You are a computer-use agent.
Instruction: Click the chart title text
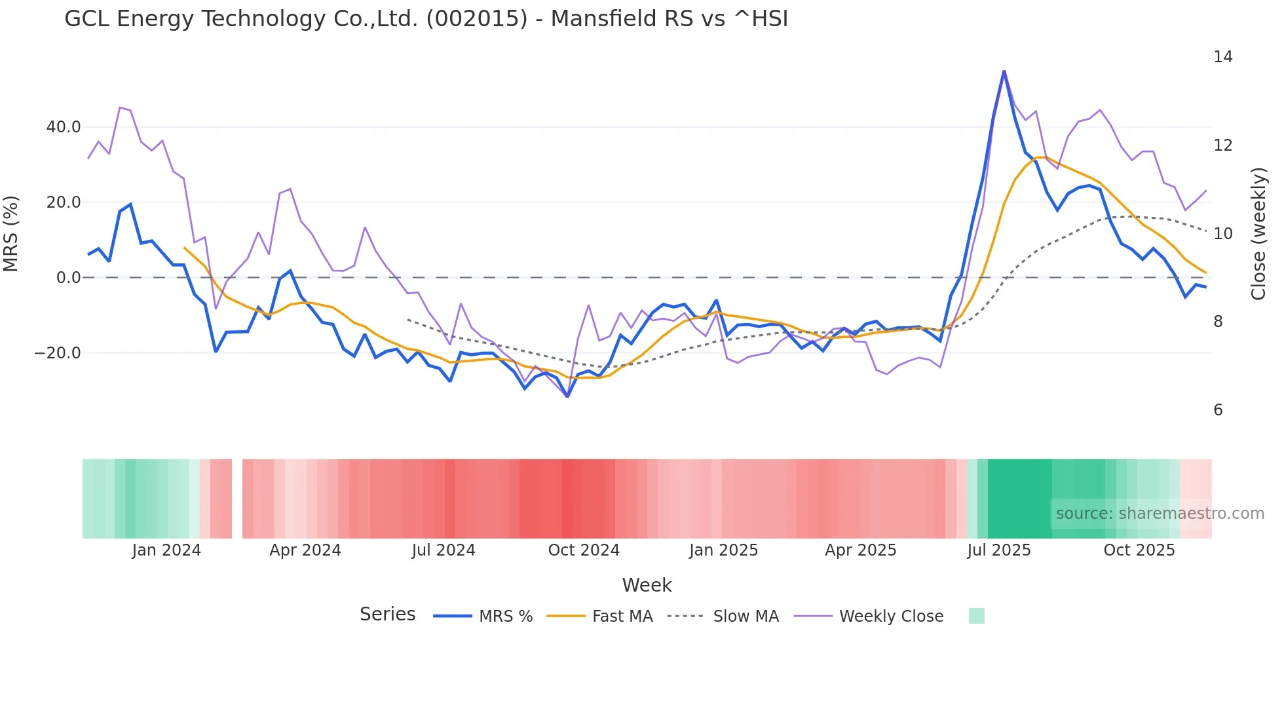(x=426, y=19)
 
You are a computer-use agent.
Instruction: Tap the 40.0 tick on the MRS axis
(x=64, y=127)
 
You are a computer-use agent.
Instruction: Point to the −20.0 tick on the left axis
(x=58, y=353)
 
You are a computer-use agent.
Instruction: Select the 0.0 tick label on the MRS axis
(x=69, y=278)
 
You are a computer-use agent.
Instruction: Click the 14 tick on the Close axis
(x=1222, y=57)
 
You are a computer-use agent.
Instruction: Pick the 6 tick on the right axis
(x=1218, y=410)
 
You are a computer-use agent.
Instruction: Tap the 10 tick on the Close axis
(x=1222, y=234)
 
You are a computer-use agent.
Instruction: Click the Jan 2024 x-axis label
(x=166, y=550)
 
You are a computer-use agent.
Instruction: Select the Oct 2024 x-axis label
(x=584, y=550)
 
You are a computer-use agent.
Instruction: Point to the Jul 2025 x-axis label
(x=999, y=550)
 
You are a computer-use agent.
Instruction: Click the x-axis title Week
(x=647, y=585)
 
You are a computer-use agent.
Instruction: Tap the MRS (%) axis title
(x=11, y=233)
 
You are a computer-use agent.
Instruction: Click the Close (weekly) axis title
(x=1258, y=233)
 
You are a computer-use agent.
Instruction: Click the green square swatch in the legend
(x=976, y=616)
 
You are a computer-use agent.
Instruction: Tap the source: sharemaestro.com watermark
(x=1160, y=514)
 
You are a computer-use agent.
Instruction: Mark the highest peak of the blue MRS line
(x=1004, y=71)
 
